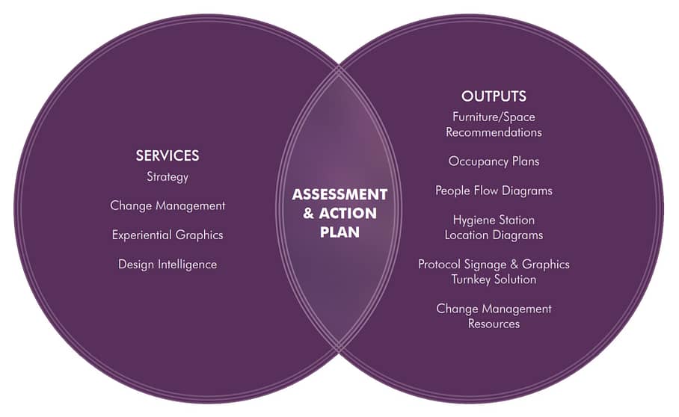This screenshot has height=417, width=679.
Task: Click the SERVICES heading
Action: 168,155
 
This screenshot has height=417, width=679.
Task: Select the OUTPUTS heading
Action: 494,96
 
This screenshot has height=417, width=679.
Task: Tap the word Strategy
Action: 168,177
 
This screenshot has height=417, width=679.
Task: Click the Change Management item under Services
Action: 168,206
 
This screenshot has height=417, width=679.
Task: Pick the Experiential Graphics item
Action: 168,235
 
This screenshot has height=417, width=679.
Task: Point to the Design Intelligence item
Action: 168,265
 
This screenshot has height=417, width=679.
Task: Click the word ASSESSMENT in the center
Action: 340,194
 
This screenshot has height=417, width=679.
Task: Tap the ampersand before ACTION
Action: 308,213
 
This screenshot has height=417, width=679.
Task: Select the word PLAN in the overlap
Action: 340,232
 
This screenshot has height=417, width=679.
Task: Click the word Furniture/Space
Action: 494,117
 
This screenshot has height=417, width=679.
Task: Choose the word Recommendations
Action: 494,132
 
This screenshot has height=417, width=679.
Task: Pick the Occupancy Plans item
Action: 494,161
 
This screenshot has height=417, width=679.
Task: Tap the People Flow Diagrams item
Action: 494,191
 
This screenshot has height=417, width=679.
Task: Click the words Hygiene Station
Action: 494,220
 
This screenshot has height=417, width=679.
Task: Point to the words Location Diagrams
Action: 494,235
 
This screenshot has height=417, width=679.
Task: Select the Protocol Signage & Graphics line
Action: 494,265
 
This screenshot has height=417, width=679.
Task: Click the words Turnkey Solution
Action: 494,279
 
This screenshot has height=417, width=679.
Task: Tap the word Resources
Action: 494,324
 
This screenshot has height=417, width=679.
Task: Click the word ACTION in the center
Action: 348,213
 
